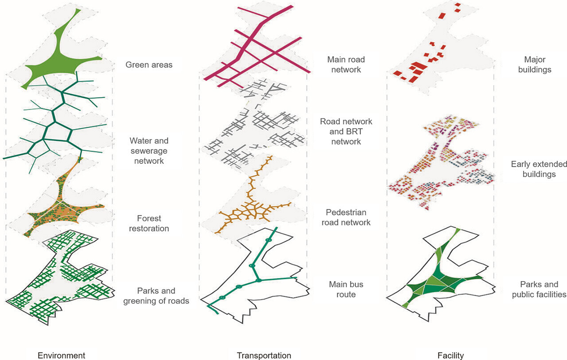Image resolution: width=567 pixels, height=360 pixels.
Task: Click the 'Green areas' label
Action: [x=149, y=65]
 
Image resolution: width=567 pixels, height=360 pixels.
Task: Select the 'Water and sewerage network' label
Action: [x=149, y=151]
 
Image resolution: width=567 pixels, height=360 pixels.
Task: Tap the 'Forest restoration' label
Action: [x=149, y=223]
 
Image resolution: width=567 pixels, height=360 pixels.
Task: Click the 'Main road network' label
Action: [x=346, y=64]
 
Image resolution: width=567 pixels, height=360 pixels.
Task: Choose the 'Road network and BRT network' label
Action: [x=346, y=131]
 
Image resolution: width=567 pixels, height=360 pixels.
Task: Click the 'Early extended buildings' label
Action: [x=539, y=169]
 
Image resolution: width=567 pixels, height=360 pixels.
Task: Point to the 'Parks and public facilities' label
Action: [x=539, y=289]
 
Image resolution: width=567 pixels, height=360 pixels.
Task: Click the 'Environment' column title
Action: [x=61, y=355]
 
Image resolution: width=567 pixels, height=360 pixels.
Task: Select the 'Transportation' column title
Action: [x=264, y=355]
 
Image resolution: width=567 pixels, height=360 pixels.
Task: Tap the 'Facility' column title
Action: [x=450, y=355]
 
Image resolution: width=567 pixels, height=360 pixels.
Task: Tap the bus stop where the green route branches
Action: [x=258, y=280]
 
